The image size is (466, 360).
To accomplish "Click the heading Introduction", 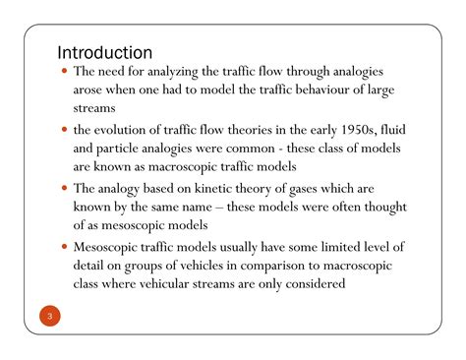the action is click(x=104, y=51).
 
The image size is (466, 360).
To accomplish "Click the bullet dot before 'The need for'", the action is click(x=65, y=73).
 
